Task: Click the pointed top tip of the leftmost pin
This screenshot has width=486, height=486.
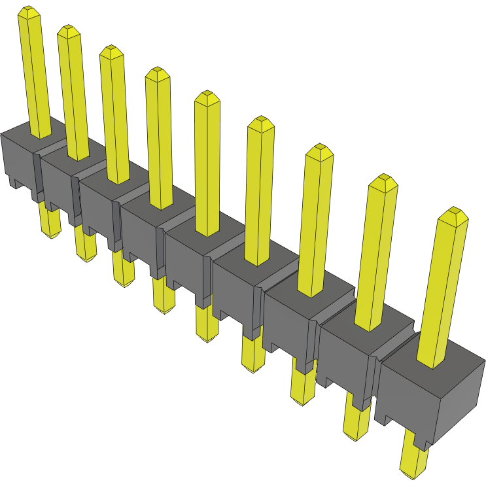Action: [x=28, y=11]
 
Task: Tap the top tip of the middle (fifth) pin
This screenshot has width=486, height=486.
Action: [x=207, y=97]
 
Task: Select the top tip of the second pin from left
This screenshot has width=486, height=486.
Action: [x=67, y=30]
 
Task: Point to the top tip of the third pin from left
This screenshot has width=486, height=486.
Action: [x=111, y=51]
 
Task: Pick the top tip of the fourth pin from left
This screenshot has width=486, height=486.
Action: [x=157, y=72]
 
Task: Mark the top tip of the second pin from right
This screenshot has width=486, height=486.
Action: [x=383, y=181]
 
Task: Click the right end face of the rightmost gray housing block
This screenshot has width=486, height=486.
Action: [x=464, y=399]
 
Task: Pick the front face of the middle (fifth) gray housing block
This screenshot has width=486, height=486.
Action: [x=186, y=265]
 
